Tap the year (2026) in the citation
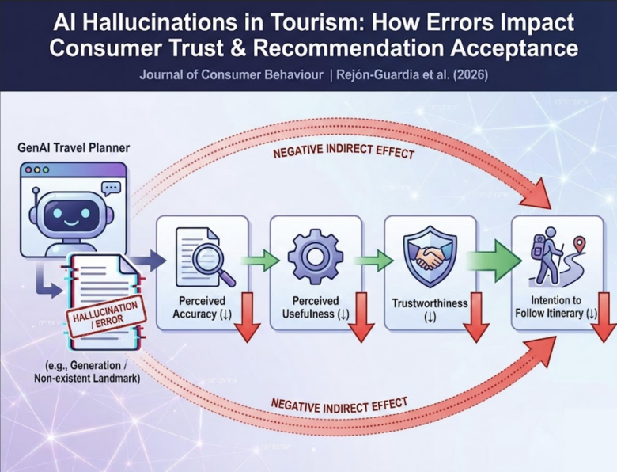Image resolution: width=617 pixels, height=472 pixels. click(x=471, y=75)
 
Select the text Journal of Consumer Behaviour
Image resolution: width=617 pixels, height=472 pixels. click(x=231, y=75)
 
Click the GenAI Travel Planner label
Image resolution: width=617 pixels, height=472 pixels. click(x=74, y=148)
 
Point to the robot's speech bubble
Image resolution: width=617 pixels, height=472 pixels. click(x=111, y=188)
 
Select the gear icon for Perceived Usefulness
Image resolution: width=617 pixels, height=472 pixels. click(x=315, y=257)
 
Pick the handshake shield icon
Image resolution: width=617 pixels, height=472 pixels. click(x=430, y=256)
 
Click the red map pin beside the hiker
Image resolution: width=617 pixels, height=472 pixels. click(x=579, y=243)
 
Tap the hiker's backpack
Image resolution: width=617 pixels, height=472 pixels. click(x=538, y=247)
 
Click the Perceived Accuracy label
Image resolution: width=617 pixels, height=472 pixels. click(x=202, y=307)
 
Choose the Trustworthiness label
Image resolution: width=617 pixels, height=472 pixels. click(x=430, y=310)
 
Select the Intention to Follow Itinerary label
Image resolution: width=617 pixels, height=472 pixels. click(x=556, y=306)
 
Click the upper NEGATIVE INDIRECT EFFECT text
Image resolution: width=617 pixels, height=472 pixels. click(x=343, y=150)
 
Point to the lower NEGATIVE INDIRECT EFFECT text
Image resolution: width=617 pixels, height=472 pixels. click(x=339, y=405)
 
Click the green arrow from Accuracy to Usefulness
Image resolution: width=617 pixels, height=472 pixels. click(x=259, y=261)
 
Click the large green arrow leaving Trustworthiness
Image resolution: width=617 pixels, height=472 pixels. click(x=494, y=261)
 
